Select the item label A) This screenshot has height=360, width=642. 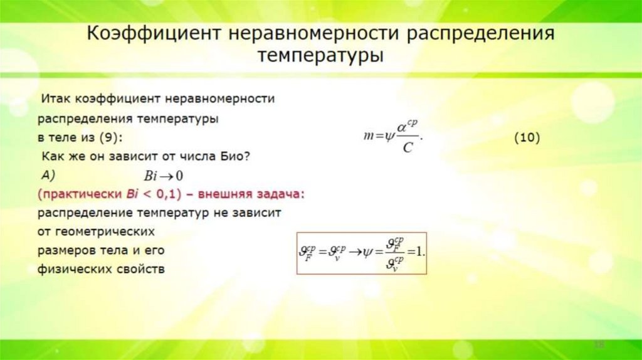coord(50,173)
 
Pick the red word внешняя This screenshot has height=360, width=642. coord(233,194)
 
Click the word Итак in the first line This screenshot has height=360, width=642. coord(56,99)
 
